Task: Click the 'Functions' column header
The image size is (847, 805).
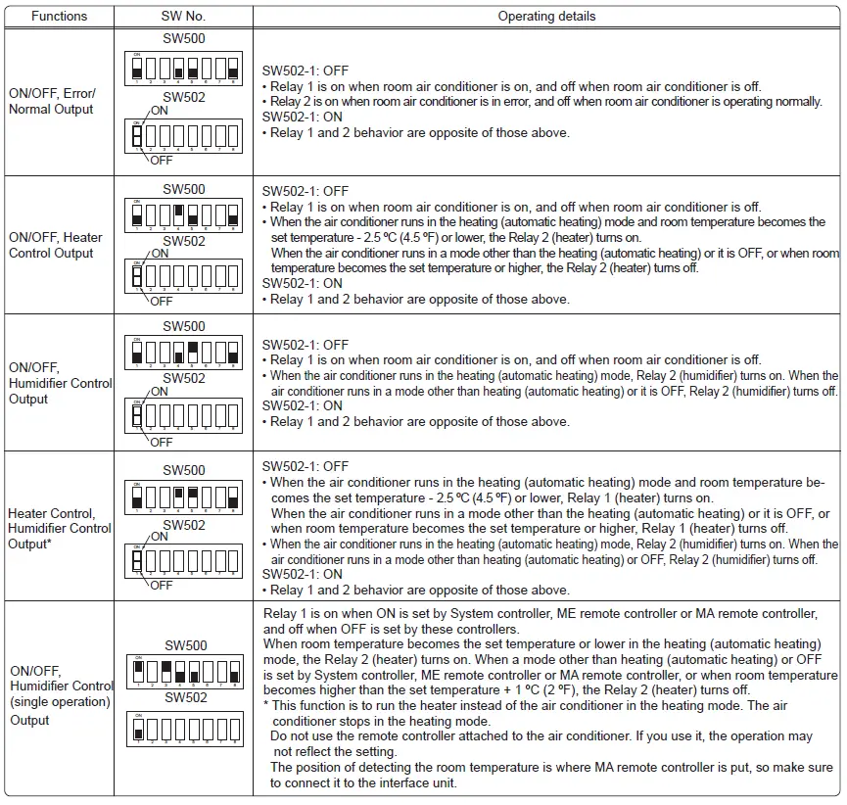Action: [59, 16]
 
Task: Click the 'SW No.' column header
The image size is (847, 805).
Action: [183, 16]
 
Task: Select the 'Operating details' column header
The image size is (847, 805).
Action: [546, 16]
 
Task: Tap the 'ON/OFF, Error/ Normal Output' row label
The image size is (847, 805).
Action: [52, 101]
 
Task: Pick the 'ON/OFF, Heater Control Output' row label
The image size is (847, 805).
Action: [56, 245]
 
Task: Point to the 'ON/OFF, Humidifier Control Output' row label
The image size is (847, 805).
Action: [60, 383]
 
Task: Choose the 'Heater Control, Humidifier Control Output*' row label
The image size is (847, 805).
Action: [60, 528]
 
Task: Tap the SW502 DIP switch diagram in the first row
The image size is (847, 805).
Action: [184, 135]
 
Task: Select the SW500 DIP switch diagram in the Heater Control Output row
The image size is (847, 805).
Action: [184, 213]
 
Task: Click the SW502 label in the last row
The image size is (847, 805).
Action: [184, 698]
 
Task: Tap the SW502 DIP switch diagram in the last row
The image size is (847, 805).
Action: [184, 728]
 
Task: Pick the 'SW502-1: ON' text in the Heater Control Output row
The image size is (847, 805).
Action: [303, 283]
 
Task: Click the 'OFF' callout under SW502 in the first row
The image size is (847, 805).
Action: [162, 160]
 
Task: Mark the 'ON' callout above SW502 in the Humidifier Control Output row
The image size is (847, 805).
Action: [160, 392]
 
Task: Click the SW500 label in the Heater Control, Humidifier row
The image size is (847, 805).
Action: [184, 470]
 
